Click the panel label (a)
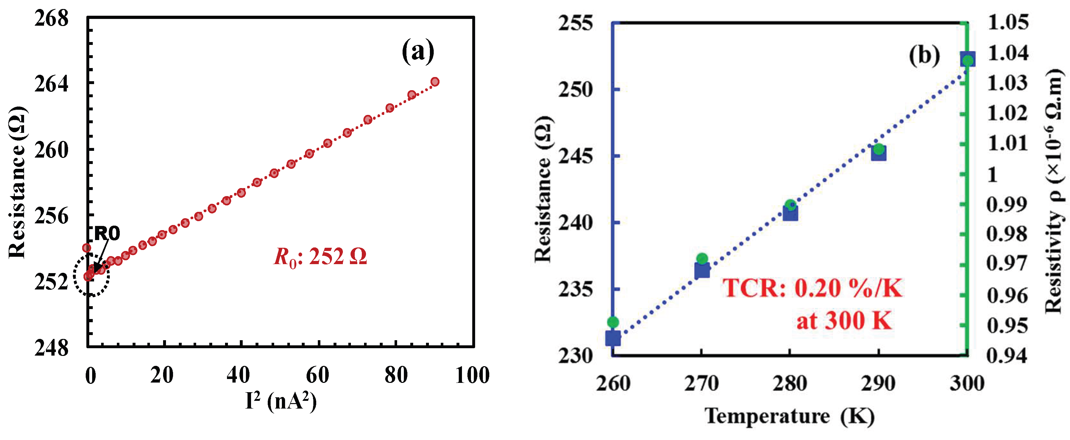(x=417, y=51)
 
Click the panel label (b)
(x=924, y=55)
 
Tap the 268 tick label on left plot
(x=51, y=19)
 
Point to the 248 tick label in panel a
(x=51, y=348)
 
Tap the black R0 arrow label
(x=107, y=234)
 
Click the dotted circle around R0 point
(x=91, y=276)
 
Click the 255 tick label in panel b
(x=575, y=23)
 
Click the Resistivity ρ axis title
(x=1055, y=191)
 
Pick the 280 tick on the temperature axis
(x=790, y=383)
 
